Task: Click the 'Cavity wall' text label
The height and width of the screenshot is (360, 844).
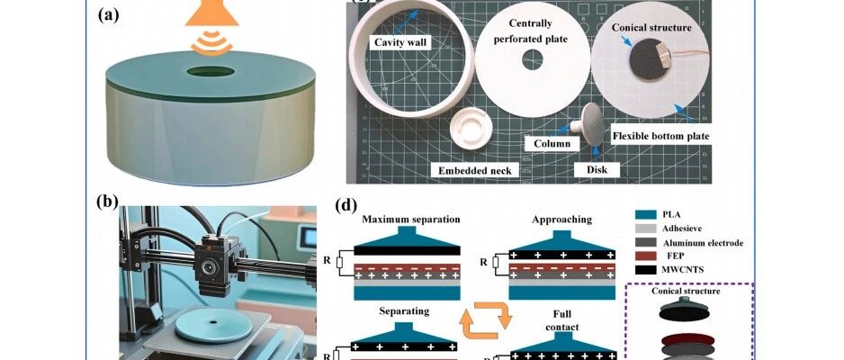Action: (x=400, y=41)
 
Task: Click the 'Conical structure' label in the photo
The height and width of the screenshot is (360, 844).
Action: (x=652, y=28)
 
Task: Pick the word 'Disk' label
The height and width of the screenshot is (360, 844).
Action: (x=587, y=167)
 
